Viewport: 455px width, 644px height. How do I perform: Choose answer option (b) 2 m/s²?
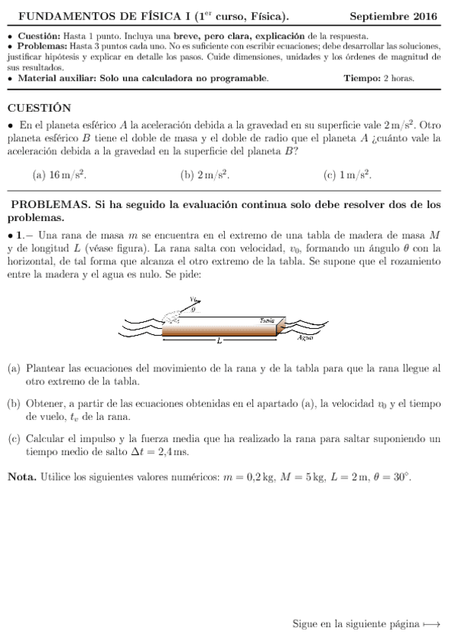click(204, 175)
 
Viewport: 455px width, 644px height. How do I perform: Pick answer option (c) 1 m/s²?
click(347, 175)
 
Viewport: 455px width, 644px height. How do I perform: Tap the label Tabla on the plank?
click(267, 321)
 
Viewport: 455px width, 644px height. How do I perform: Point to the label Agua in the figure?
click(305, 337)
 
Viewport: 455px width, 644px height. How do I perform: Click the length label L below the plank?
click(219, 341)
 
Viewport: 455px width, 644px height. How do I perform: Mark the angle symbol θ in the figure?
click(194, 310)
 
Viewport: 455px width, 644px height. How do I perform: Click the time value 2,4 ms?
click(171, 452)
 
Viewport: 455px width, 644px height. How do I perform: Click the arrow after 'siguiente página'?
click(432, 624)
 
